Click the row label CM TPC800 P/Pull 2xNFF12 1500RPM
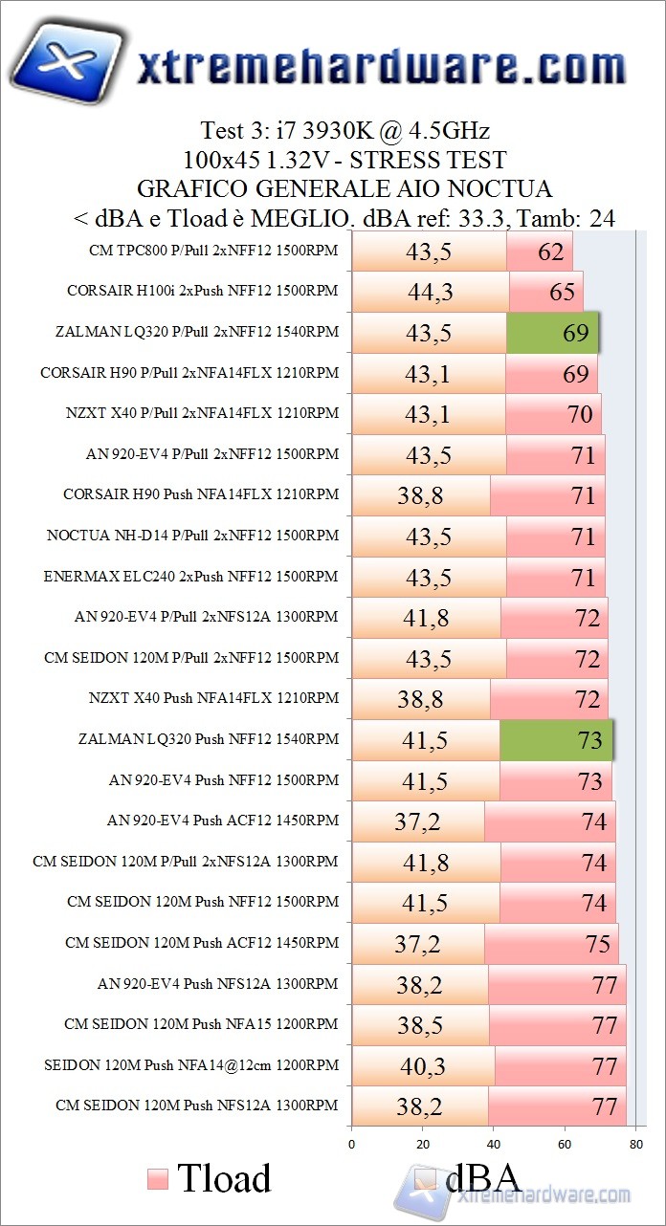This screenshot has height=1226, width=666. click(211, 251)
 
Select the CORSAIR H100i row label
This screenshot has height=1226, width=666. click(203, 291)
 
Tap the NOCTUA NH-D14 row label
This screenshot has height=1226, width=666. click(192, 536)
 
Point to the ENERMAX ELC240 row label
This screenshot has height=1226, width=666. click(191, 577)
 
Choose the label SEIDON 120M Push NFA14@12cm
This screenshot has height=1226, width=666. click(191, 1064)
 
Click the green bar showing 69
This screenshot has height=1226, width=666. click(552, 333)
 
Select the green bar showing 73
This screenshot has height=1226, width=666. click(556, 740)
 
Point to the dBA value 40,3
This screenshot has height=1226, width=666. click(423, 1065)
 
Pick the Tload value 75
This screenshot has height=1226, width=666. click(598, 944)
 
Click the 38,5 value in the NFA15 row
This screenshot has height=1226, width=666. click(420, 1025)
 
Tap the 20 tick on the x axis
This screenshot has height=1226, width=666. click(423, 1144)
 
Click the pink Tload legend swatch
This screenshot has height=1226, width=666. click(158, 1178)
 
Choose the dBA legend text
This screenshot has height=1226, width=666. click(482, 1178)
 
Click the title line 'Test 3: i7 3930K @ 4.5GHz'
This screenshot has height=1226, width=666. click(344, 130)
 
